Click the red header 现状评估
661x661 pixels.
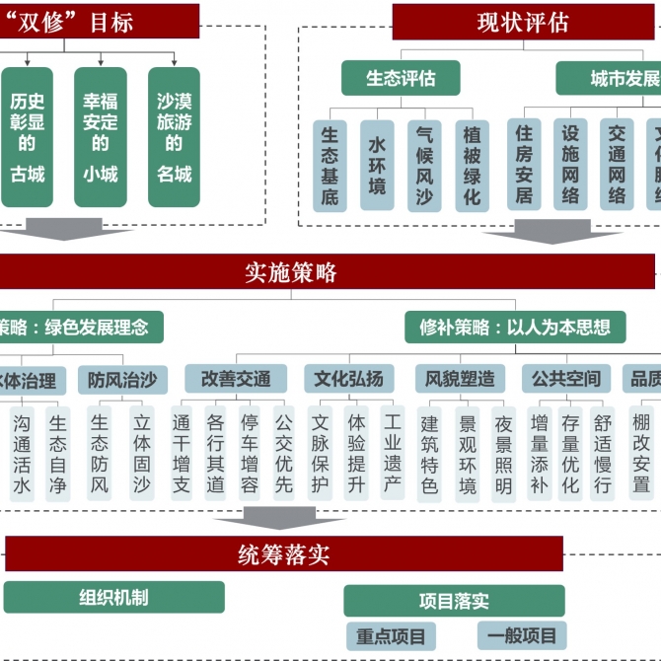[x=523, y=22]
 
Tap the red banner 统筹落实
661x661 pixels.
[x=284, y=554]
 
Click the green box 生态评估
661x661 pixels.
[x=401, y=78]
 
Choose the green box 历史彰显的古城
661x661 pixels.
[x=27, y=137]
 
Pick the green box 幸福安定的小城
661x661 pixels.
[x=101, y=137]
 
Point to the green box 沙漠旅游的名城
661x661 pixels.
[x=174, y=137]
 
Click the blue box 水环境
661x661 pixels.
[x=377, y=166]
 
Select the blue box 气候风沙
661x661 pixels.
[x=425, y=166]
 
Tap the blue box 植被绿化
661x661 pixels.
[x=473, y=166]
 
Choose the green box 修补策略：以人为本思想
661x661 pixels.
[x=514, y=327]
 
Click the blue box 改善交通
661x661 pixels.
[x=236, y=379]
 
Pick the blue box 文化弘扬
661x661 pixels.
[x=348, y=379]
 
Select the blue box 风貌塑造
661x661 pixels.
[x=460, y=379]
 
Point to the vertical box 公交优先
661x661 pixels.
[x=283, y=455]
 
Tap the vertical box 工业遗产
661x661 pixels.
[x=393, y=455]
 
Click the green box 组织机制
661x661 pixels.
[x=113, y=598]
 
